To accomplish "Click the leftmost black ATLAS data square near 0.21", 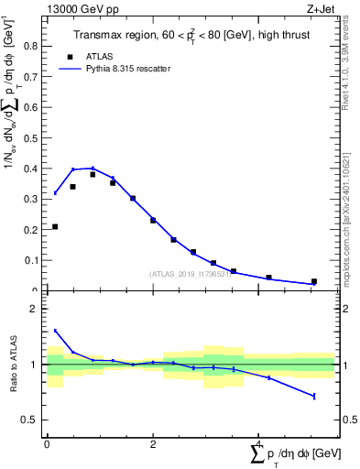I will coord(55,226).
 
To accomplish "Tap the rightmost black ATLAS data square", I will coord(314,281).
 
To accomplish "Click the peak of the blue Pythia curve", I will coord(93,168).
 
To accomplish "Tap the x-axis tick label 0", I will coord(47,443).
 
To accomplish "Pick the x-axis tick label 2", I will coord(153,443).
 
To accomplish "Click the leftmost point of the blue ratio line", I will coord(55,331).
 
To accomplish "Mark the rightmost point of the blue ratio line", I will coord(314,396).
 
